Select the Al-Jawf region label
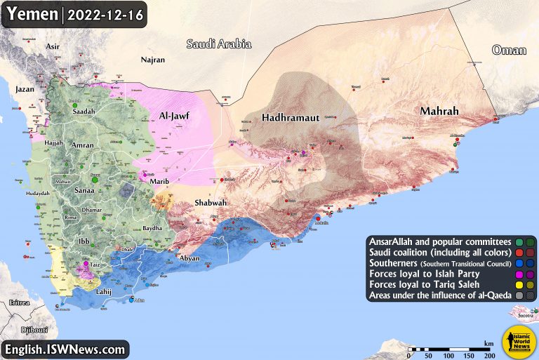[176, 116]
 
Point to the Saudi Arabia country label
[218, 44]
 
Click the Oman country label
[509, 49]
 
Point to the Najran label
[152, 60]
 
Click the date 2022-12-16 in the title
[104, 14]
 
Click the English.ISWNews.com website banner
[66, 348]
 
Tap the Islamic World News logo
[518, 340]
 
